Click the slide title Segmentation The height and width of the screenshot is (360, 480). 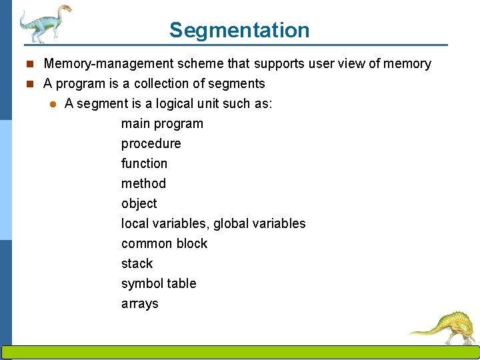[239, 30]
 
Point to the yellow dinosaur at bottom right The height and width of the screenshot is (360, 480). [445, 327]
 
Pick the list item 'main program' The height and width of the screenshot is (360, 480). [162, 124]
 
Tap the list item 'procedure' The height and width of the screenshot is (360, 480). [151, 144]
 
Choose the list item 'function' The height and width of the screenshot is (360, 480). [144, 164]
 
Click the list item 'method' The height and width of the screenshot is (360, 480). [143, 184]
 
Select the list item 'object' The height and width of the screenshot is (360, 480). [139, 204]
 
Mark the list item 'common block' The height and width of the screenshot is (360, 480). [164, 244]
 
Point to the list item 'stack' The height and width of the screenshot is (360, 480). [137, 264]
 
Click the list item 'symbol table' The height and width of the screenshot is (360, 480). [159, 284]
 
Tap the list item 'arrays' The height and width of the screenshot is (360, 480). [139, 304]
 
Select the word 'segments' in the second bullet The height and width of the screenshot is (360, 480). [238, 84]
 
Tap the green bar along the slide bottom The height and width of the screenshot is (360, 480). [240, 353]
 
